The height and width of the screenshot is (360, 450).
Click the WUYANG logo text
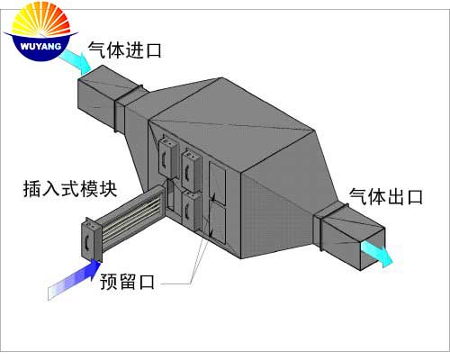(x=40, y=47)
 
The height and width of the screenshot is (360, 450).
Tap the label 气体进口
(x=125, y=49)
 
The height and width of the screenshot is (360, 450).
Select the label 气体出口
(x=386, y=197)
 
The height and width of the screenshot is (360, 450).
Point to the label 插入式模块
(x=70, y=189)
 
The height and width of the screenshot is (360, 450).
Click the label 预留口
(x=127, y=282)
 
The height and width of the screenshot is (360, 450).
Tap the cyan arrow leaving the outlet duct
(x=377, y=254)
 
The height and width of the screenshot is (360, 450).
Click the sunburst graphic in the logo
(x=41, y=21)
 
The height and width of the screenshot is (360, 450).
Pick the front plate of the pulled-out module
(x=92, y=239)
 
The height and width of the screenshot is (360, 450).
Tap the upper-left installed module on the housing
(x=167, y=157)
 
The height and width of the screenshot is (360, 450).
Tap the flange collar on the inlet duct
(x=129, y=107)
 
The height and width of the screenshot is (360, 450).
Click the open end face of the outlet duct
(x=372, y=248)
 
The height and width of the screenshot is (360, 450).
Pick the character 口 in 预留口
(x=147, y=282)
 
